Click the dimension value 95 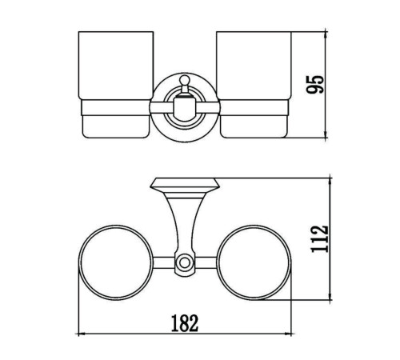[x=315, y=85]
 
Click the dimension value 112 [x=320, y=239]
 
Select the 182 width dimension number [x=185, y=323]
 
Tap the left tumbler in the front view [x=116, y=85]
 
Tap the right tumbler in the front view [x=254, y=85]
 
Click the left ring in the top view [x=79, y=262]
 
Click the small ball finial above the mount [x=183, y=79]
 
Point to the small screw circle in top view [x=184, y=262]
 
